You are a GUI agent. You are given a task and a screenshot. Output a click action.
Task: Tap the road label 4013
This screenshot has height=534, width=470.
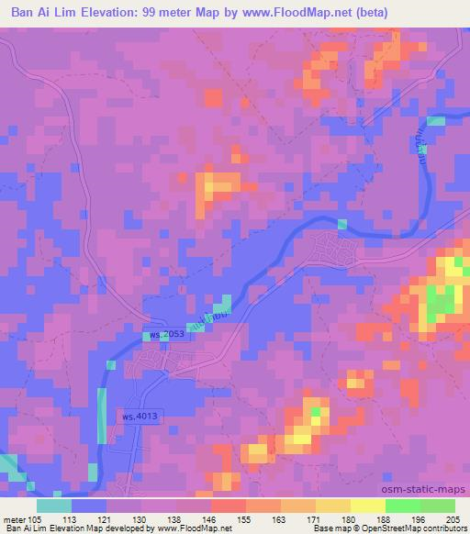click(138, 417)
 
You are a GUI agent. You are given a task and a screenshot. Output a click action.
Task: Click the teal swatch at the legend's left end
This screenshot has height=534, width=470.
click(54, 506)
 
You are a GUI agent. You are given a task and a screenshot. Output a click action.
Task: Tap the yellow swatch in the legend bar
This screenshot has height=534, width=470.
click(367, 506)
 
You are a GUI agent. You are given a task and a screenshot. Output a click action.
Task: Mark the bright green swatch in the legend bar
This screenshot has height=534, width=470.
click(402, 506)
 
